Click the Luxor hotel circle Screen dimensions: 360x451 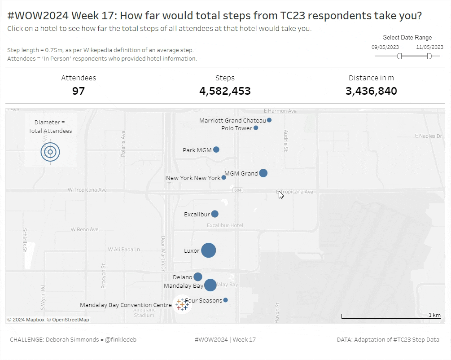tap(208, 250)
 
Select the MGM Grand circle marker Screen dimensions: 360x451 tap(263, 173)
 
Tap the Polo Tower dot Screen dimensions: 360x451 tap(256, 128)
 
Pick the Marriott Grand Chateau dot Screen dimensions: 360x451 tap(269, 120)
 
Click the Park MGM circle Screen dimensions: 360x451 tap(216, 149)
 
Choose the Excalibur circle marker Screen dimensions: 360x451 tap(215, 214)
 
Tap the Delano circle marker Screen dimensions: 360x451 tap(198, 277)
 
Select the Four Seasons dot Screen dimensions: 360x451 tap(225, 300)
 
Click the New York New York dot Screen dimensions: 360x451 tap(224, 177)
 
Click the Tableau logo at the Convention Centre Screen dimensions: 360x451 tap(182, 304)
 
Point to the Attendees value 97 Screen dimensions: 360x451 tap(79, 91)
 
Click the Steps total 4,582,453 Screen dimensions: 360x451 tap(225, 91)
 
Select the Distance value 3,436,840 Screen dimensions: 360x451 tap(371, 91)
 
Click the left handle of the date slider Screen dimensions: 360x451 tap(399, 56)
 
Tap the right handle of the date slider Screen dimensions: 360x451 tap(429, 56)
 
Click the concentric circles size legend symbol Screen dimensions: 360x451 tap(50, 152)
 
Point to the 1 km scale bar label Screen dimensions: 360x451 tap(434, 315)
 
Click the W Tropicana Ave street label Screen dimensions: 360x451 tap(87, 190)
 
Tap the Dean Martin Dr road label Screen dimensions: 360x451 tap(163, 253)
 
